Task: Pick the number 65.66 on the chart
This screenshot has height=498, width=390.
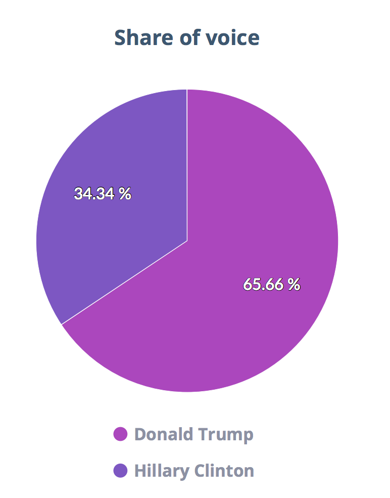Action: [264, 284]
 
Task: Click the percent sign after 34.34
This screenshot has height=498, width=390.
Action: [125, 193]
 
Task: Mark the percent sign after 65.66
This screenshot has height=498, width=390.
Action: [295, 284]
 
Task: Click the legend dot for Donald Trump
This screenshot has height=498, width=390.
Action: [120, 434]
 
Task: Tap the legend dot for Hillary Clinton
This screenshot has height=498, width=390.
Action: [120, 471]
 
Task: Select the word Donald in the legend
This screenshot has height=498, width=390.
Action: [163, 434]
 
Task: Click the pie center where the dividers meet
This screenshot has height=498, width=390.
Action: [187, 241]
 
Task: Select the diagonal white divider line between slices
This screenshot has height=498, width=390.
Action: [124, 282]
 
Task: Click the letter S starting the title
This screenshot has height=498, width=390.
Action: [121, 38]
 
